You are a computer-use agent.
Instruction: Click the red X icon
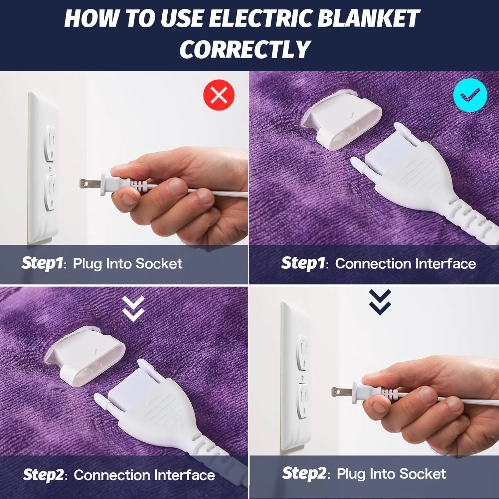(x=219, y=95)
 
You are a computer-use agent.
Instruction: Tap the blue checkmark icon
(x=470, y=95)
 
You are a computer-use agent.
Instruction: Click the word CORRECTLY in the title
(x=245, y=49)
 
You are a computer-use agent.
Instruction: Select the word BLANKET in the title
(x=368, y=18)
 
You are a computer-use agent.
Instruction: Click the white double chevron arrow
(x=133, y=308)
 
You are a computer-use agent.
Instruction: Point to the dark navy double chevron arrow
(x=380, y=302)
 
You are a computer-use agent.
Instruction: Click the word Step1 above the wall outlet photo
(x=42, y=263)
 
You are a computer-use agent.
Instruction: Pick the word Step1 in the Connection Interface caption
(x=303, y=263)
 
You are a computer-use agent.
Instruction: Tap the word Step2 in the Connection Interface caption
(x=44, y=475)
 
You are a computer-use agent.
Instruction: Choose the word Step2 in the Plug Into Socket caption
(x=304, y=474)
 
